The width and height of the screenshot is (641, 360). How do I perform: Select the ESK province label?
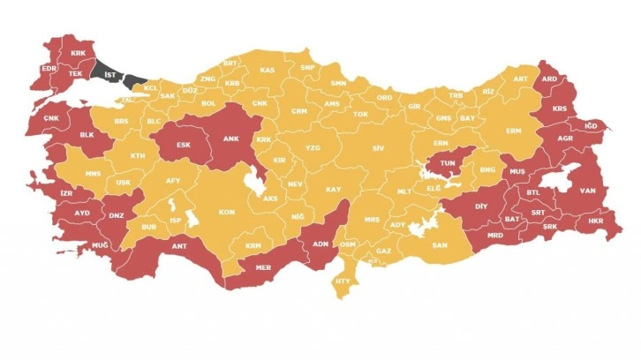pyautogui.click(x=184, y=145)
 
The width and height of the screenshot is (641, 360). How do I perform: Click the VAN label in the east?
pyautogui.click(x=585, y=190)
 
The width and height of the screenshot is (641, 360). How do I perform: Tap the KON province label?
pyautogui.click(x=227, y=213)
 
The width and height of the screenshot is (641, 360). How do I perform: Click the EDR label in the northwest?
pyautogui.click(x=48, y=69)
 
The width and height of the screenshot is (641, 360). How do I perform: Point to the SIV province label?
pyautogui.click(x=380, y=148)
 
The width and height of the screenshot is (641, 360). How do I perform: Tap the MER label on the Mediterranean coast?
pyautogui.click(x=263, y=265)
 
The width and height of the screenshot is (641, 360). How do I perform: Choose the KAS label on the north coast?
pyautogui.click(x=267, y=70)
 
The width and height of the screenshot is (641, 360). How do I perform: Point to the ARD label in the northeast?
pyautogui.click(x=549, y=78)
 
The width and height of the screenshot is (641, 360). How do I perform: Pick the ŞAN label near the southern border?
pyautogui.click(x=439, y=246)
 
